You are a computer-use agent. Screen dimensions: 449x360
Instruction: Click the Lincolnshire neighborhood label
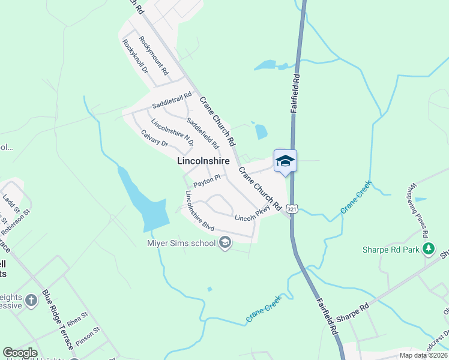tap(204, 161)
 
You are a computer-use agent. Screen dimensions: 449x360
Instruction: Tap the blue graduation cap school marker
tap(285, 161)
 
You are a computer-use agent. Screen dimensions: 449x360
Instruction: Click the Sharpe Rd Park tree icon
tap(429, 249)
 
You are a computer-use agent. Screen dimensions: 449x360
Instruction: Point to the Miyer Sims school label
tap(181, 243)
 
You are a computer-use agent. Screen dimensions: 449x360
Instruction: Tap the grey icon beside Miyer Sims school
tap(226, 243)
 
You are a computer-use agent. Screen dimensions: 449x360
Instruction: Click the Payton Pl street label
tap(207, 181)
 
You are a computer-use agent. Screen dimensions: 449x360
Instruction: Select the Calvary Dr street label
tap(154, 138)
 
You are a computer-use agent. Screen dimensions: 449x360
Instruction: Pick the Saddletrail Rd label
tap(172, 100)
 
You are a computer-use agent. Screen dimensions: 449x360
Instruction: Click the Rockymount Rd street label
tap(154, 55)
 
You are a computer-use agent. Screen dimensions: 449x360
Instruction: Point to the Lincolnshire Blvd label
tap(199, 211)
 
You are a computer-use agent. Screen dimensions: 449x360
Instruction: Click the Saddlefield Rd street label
tap(202, 133)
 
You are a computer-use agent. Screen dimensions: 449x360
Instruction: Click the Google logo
tap(20, 353)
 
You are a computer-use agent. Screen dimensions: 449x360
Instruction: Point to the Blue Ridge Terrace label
tap(58, 320)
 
